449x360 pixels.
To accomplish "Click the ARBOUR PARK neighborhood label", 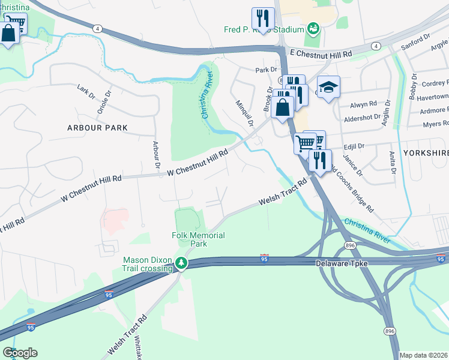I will click(x=98, y=128).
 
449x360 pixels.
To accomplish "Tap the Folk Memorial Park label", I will click(x=198, y=240).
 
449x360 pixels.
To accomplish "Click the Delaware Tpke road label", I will click(x=342, y=263).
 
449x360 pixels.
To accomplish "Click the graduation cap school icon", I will click(x=328, y=87).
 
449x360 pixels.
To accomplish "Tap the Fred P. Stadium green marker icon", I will click(x=313, y=28).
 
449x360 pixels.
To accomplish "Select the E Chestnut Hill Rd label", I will click(x=321, y=54).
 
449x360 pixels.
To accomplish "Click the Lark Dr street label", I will click(x=86, y=92).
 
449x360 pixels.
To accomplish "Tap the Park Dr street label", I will click(x=265, y=70).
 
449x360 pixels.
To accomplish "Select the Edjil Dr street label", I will click(x=354, y=146).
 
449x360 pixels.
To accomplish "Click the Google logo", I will click(x=20, y=353).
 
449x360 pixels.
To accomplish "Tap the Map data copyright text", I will click(x=423, y=355).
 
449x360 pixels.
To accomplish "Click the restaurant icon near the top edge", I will click(x=263, y=18).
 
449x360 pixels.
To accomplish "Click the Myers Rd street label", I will click(x=436, y=124).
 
